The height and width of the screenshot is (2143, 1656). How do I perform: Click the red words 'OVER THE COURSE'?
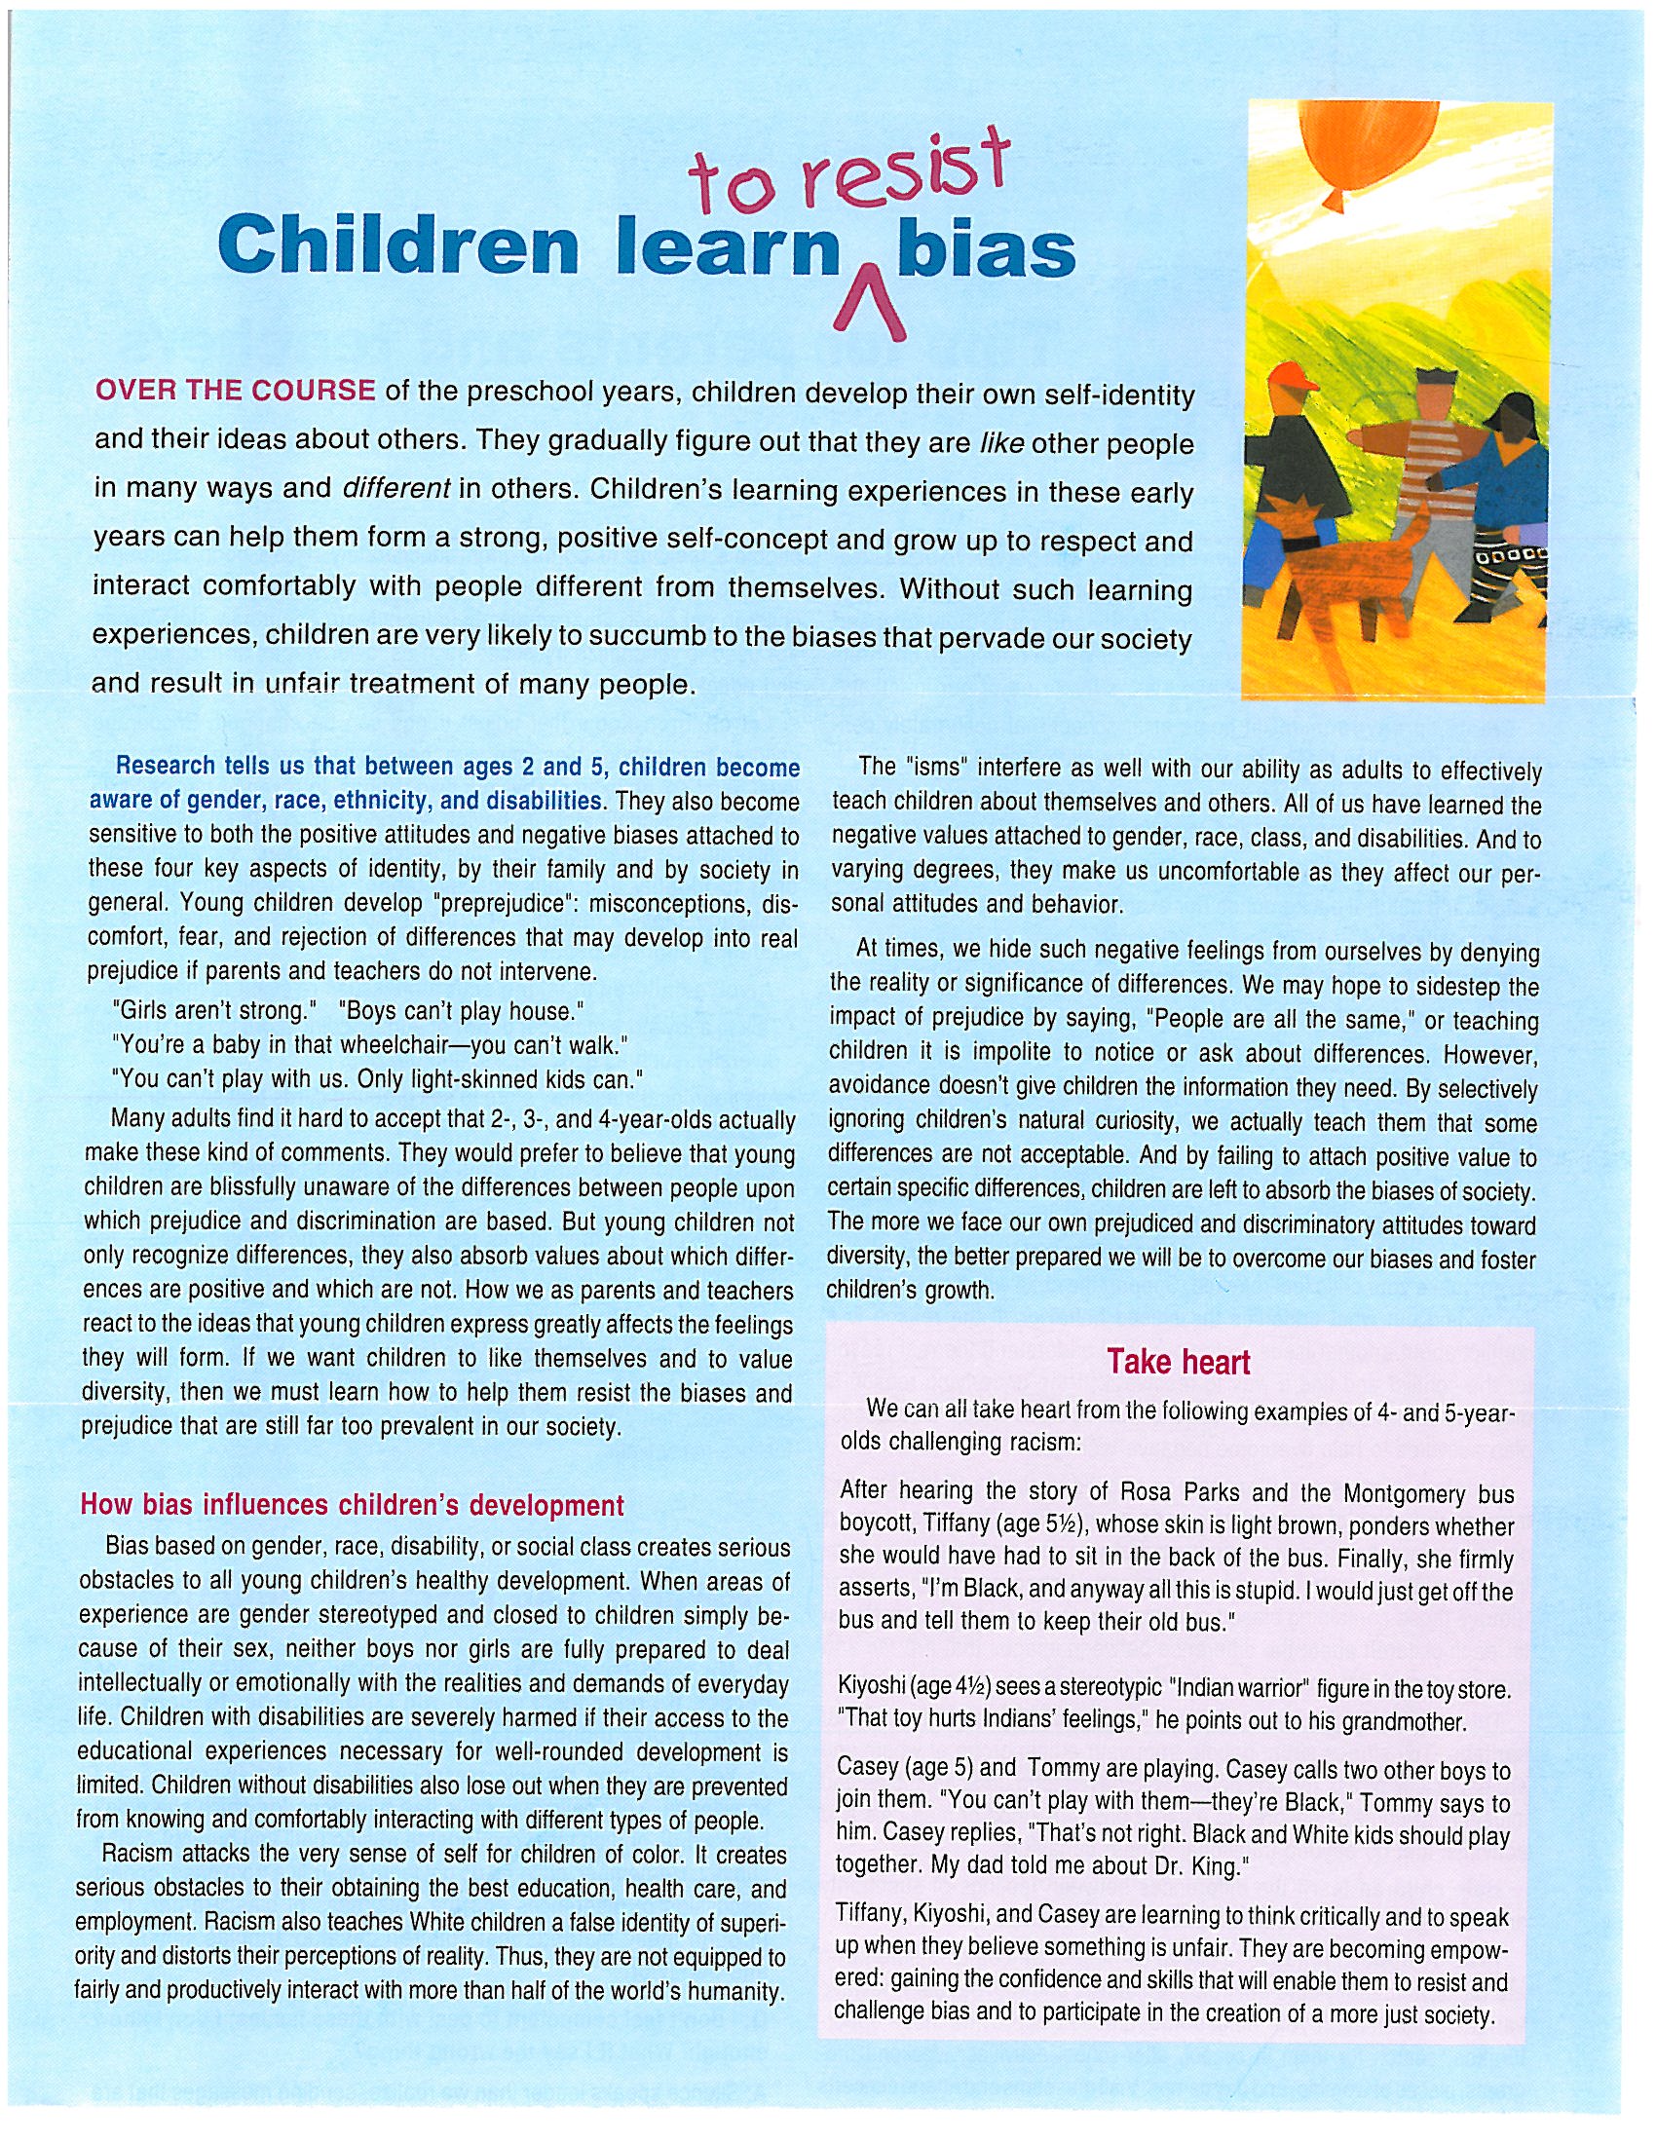pyautogui.click(x=235, y=391)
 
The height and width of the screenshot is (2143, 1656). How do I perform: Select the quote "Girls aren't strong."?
pyautogui.click(x=211, y=1011)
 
